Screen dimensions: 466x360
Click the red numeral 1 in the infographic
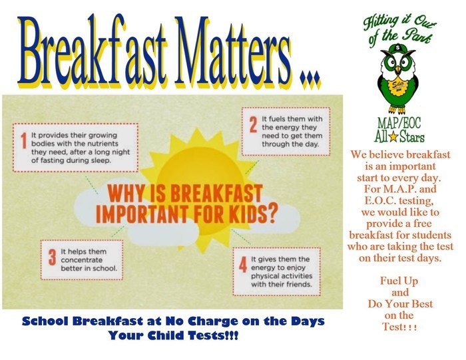tap(24, 140)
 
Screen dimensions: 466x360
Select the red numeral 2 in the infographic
tap(253, 124)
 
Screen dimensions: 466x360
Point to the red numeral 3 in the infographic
tap(53, 257)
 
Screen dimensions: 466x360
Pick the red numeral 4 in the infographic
tap(243, 265)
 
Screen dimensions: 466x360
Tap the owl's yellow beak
tap(397, 70)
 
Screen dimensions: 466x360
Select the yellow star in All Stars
tap(393, 137)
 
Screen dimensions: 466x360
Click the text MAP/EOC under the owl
tap(399, 123)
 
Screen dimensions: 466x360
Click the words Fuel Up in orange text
tap(399, 281)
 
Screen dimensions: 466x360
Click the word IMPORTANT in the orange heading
tap(142, 213)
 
